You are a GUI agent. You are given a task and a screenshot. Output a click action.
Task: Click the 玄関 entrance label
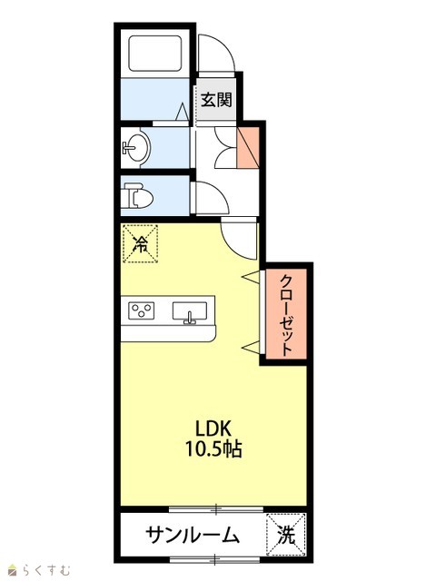(216, 100)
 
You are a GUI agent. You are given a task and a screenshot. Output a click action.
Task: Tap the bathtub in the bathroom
(155, 54)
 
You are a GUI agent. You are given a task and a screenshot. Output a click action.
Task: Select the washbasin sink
(136, 147)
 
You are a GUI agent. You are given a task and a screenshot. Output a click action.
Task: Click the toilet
(138, 195)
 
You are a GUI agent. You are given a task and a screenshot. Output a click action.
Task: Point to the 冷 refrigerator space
(141, 243)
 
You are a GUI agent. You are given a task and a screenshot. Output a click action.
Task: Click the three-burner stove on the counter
(142, 310)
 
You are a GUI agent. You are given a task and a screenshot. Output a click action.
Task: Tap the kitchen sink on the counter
(190, 311)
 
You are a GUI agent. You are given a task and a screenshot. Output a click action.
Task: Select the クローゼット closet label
(287, 315)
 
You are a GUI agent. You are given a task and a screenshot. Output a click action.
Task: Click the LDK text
(213, 428)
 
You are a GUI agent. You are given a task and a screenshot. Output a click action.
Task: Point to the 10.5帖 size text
(213, 449)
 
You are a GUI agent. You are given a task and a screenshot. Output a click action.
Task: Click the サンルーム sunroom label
(192, 536)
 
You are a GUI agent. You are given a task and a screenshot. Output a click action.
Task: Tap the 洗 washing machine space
(286, 535)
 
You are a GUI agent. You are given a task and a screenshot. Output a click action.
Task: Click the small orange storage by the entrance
(248, 147)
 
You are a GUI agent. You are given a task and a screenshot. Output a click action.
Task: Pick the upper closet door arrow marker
(251, 276)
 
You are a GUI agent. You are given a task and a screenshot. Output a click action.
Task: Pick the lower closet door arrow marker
(251, 347)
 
